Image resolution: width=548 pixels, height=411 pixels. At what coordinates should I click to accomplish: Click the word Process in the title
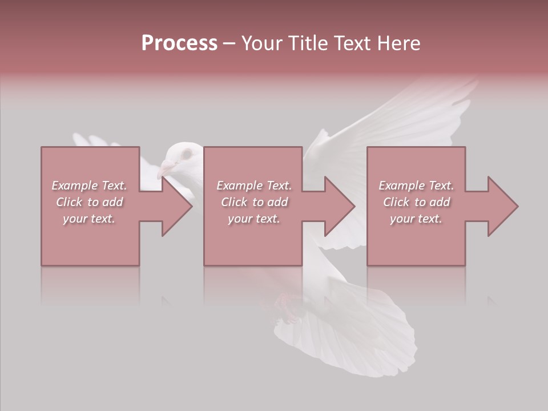pyautogui.click(x=179, y=43)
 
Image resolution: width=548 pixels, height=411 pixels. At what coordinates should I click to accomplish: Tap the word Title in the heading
pyautogui.click(x=309, y=43)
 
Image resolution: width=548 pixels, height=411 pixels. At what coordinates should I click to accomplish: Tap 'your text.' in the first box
pyautogui.click(x=89, y=219)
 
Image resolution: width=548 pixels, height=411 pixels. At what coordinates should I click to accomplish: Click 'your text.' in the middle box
pyautogui.click(x=253, y=219)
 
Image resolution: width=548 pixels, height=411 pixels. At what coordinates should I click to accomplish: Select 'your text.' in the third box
pyautogui.click(x=416, y=219)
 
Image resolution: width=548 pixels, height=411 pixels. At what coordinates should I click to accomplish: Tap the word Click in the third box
pyautogui.click(x=396, y=202)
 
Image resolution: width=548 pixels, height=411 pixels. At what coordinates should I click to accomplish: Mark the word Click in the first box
pyautogui.click(x=69, y=202)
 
